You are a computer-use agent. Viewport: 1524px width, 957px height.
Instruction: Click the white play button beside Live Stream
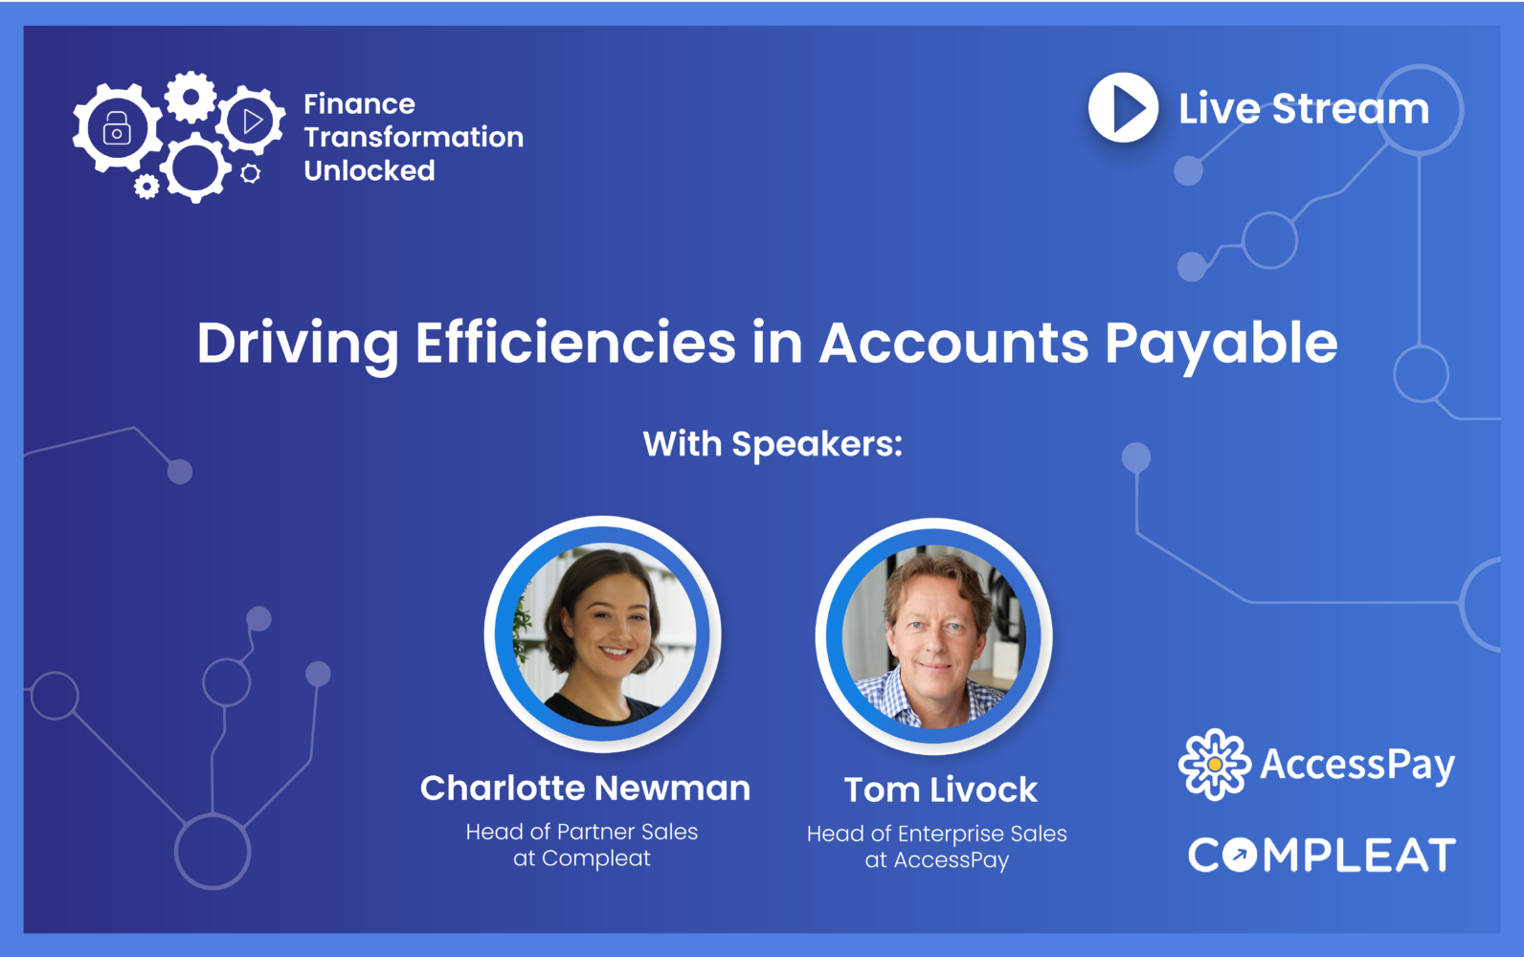tap(1123, 108)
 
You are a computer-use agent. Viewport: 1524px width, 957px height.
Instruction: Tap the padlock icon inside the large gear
tap(117, 127)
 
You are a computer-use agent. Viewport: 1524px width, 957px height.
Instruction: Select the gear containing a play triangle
tap(251, 121)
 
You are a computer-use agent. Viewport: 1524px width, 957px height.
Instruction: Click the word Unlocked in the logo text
tap(370, 170)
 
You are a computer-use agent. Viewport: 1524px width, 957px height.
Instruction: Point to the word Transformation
tap(414, 137)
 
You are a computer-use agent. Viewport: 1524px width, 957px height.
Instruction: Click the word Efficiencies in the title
tap(575, 343)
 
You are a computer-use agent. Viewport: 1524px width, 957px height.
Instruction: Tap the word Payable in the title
tap(1221, 343)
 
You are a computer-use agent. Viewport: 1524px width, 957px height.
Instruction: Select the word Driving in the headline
tap(297, 343)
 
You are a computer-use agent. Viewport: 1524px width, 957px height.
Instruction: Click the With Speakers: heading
tap(773, 444)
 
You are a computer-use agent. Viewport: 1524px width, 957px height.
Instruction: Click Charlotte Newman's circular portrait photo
tap(603, 634)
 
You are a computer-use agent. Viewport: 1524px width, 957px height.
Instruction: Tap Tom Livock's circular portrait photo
tap(934, 636)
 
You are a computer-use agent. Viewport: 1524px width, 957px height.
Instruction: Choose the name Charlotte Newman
tap(585, 788)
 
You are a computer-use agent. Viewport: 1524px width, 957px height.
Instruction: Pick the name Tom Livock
tap(940, 790)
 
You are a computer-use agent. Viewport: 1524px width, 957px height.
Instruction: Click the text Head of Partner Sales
tap(582, 832)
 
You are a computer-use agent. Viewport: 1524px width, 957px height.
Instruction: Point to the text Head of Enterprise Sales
tap(936, 834)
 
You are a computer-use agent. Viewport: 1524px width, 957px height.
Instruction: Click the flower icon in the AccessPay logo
tap(1214, 764)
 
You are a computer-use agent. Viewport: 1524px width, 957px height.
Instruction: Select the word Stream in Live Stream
tap(1350, 108)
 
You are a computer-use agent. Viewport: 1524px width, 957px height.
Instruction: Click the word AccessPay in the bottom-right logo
tap(1357, 764)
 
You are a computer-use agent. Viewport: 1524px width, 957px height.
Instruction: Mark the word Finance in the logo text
tap(359, 103)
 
